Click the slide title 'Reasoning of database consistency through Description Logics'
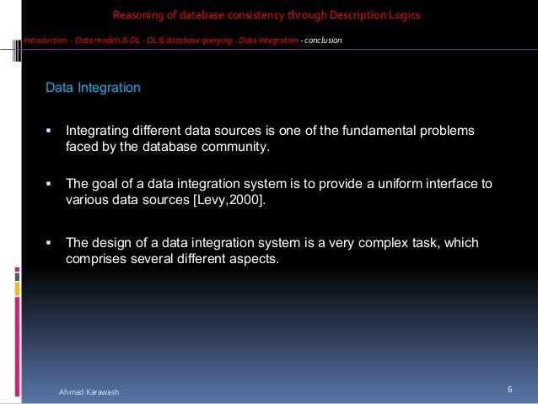(x=266, y=15)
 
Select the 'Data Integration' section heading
(x=93, y=87)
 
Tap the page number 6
(x=510, y=389)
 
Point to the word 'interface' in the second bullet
(x=444, y=183)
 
